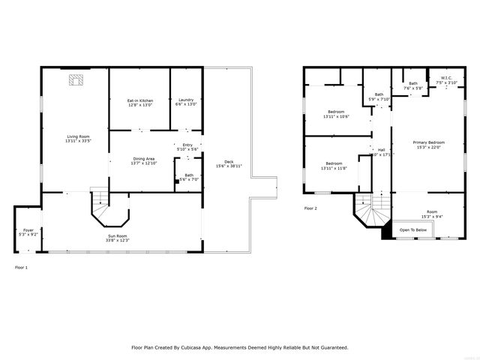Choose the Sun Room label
point(116,238)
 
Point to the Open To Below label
point(413,229)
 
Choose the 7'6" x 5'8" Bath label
point(413,86)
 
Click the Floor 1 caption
point(21,267)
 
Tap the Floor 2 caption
point(310,208)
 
